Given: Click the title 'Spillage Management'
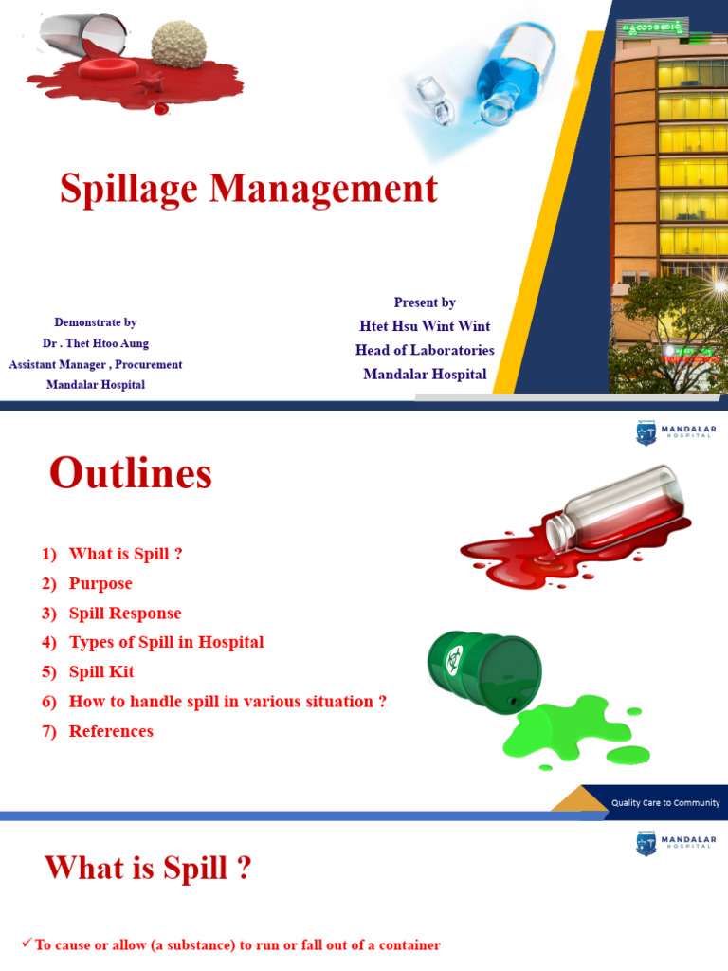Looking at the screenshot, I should pyautogui.click(x=248, y=189).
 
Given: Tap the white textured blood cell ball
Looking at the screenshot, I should pyautogui.click(x=185, y=44).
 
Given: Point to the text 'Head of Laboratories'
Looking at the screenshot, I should pyautogui.click(x=425, y=350).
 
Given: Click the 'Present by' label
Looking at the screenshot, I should pyautogui.click(x=425, y=302).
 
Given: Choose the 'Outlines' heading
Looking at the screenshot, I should pyautogui.click(x=131, y=472).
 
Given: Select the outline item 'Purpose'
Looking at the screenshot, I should pyautogui.click(x=100, y=583).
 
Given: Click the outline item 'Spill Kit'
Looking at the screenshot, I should pyautogui.click(x=101, y=671).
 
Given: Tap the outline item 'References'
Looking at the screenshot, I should pyautogui.click(x=111, y=731).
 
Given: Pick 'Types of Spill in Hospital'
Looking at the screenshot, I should pyautogui.click(x=166, y=642).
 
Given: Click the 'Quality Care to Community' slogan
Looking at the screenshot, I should pyautogui.click(x=664, y=802).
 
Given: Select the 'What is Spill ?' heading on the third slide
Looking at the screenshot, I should pyautogui.click(x=148, y=868).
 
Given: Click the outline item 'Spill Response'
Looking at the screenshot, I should pyautogui.click(x=125, y=613).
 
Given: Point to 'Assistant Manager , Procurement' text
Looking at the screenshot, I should pyautogui.click(x=96, y=364).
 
